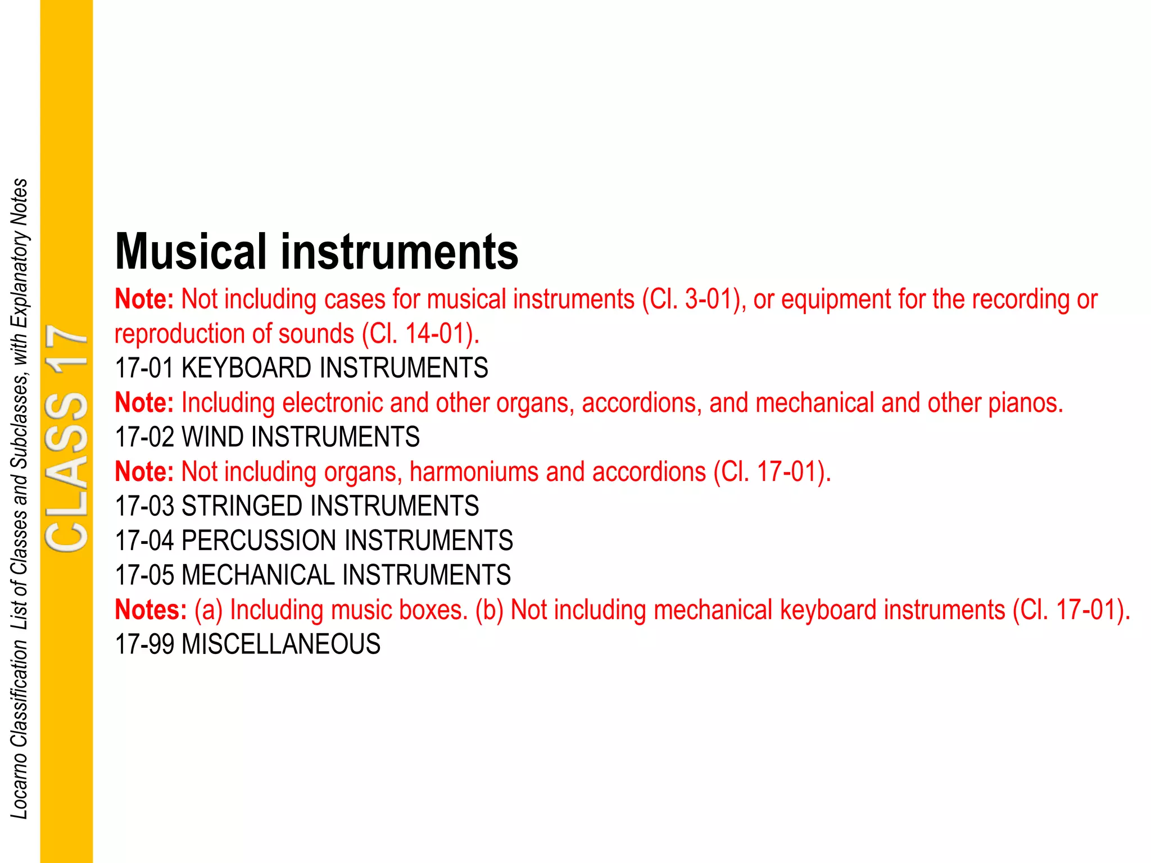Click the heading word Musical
(191, 252)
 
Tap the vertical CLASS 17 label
(67, 438)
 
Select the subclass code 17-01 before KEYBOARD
(144, 369)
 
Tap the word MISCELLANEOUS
(281, 644)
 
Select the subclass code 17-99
(144, 644)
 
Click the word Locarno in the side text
(20, 787)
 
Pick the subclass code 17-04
(144, 540)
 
